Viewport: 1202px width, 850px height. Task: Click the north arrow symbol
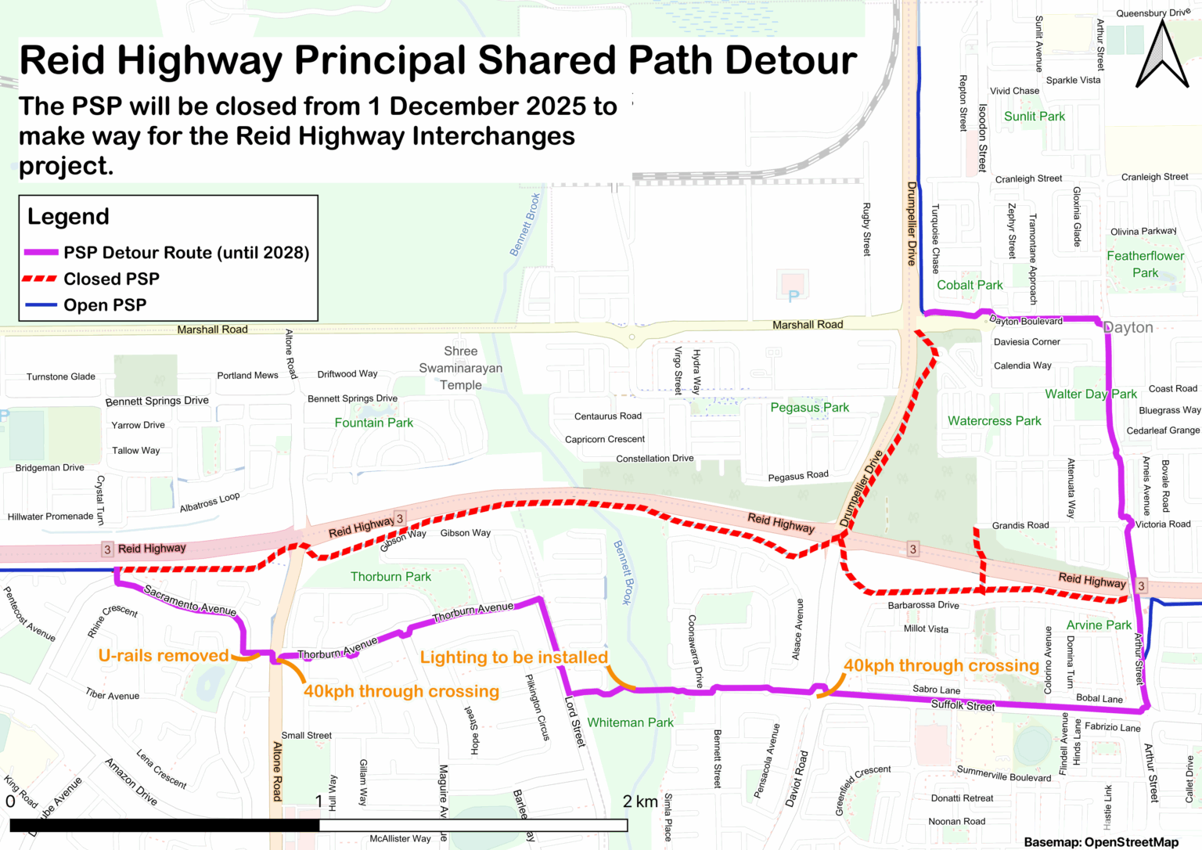coord(1162,55)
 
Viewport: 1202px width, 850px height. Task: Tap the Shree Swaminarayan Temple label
coord(461,368)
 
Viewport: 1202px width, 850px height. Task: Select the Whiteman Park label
coord(630,722)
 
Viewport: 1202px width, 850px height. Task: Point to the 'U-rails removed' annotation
coord(164,656)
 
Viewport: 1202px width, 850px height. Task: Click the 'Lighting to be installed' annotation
coord(513,657)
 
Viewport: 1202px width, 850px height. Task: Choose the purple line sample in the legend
coord(41,253)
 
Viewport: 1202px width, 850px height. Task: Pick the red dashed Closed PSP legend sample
coord(41,279)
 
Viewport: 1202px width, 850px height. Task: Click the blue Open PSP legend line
coord(41,304)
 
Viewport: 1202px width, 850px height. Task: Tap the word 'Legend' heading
coord(68,217)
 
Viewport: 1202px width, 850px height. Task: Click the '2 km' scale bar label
coord(640,801)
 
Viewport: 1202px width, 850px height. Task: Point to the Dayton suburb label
coord(1128,327)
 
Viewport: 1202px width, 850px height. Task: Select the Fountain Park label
coord(374,423)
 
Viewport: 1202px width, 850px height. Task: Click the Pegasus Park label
coord(809,407)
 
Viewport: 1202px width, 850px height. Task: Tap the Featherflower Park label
coord(1145,264)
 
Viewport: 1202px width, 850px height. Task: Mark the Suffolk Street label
coord(963,705)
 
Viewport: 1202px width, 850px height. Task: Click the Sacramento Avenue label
coord(190,601)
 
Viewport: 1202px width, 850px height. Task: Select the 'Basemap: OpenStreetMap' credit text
coord(1101,842)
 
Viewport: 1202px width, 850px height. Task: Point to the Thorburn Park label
coord(390,577)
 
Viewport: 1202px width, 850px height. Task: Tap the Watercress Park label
coord(994,421)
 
